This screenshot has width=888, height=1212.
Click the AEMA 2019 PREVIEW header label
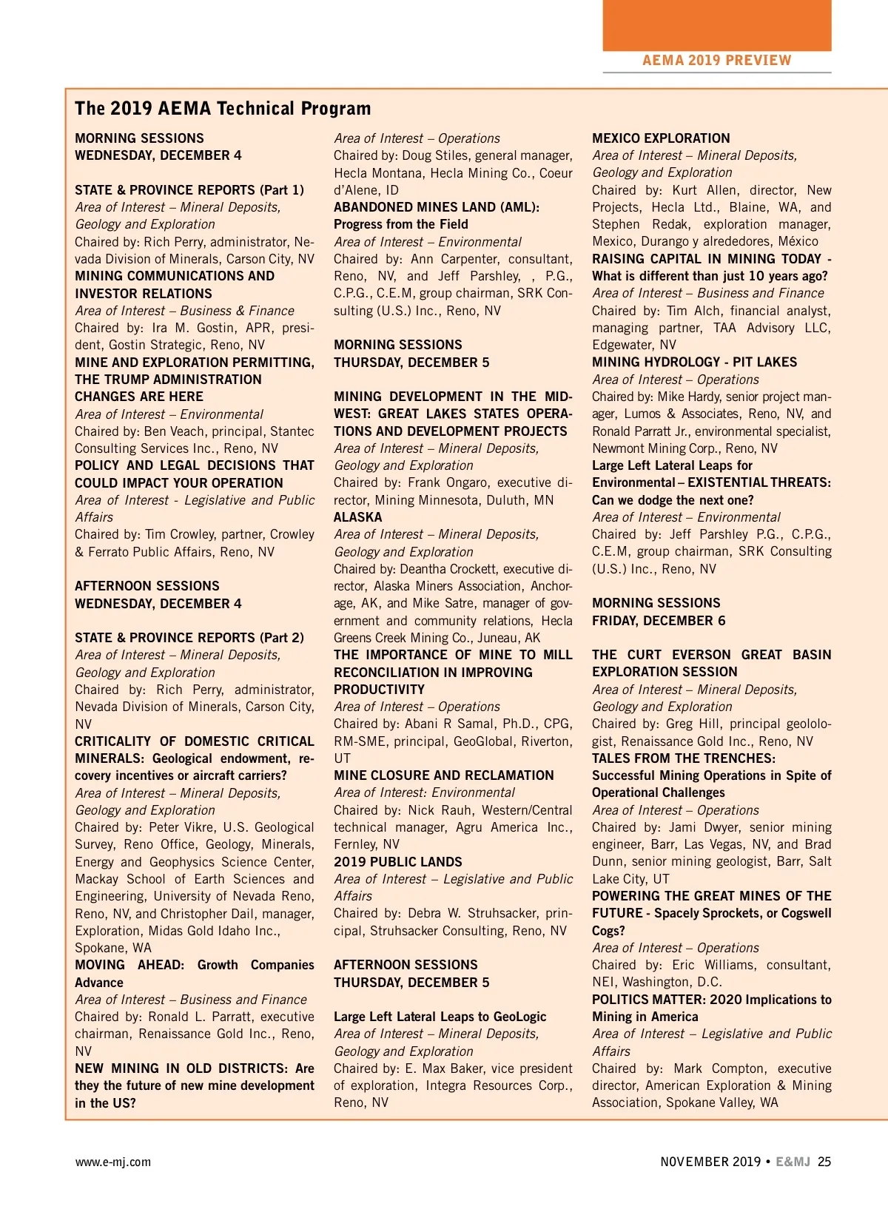(716, 61)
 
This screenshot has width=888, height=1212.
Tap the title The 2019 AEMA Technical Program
(223, 109)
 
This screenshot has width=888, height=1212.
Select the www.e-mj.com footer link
(112, 1162)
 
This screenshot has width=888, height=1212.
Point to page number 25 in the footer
(824, 1162)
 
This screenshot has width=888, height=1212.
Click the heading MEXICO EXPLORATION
(661, 138)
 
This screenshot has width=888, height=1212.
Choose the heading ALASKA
(358, 517)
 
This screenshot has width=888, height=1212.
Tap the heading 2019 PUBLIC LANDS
(398, 862)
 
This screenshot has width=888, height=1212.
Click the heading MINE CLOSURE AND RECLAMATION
(443, 775)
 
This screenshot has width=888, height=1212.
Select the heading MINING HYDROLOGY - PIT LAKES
(694, 362)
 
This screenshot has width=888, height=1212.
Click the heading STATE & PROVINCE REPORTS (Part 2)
(189, 638)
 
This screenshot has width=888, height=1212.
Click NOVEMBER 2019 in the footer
(710, 1162)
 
